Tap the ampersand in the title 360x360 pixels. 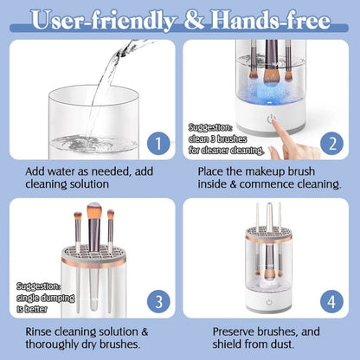[x=193, y=18]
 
